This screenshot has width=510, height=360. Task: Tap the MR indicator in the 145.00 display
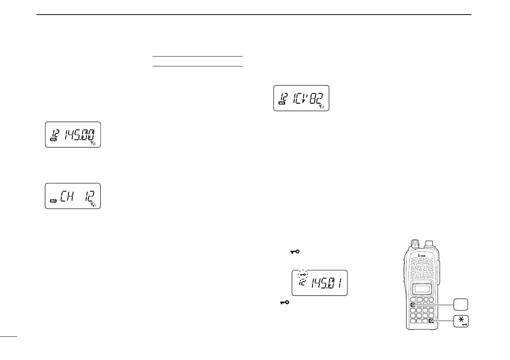[x=54, y=140]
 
